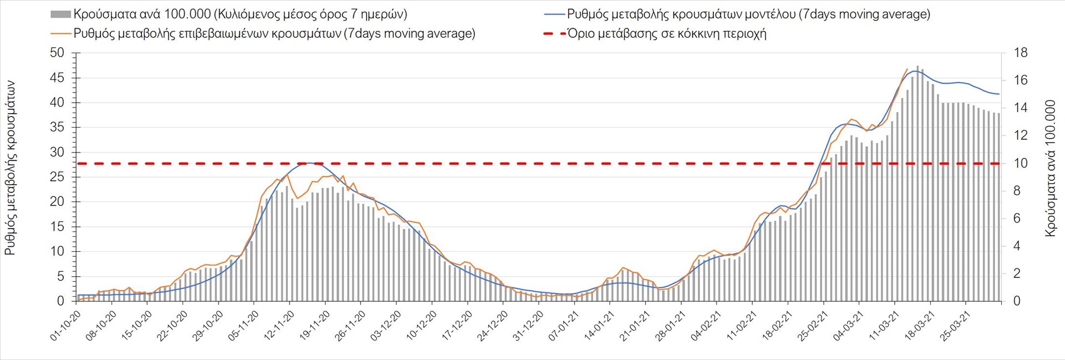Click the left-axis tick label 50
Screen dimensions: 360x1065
58,53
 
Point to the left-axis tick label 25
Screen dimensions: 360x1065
58,177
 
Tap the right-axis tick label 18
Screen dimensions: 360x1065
1021,53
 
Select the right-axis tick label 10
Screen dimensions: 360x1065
1021,164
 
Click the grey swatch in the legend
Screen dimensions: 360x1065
60,14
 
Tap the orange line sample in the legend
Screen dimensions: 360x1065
61,34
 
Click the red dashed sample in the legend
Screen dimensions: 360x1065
554,34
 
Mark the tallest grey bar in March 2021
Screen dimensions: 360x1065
917,183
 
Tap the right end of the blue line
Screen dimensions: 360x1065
999,94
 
